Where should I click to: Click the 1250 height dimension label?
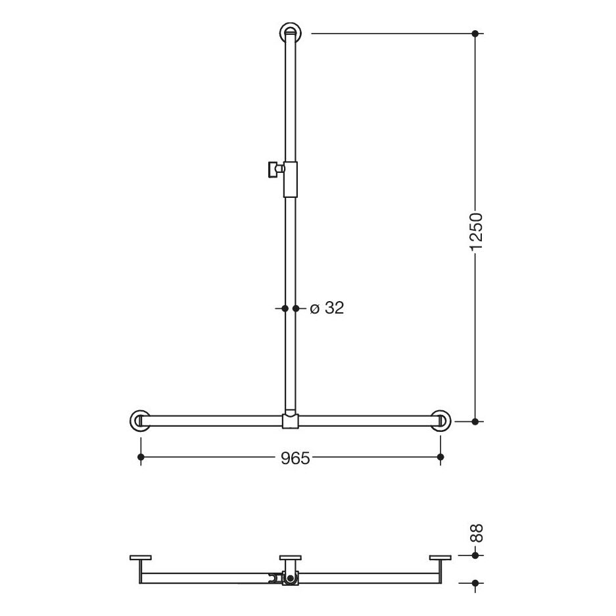[x=476, y=232]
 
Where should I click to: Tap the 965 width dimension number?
[x=295, y=458]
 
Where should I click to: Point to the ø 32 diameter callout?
[x=327, y=308]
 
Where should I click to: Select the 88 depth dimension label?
[x=476, y=534]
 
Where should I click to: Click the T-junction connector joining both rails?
[x=291, y=421]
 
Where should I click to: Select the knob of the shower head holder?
[x=274, y=170]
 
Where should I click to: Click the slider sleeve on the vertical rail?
[x=291, y=179]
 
